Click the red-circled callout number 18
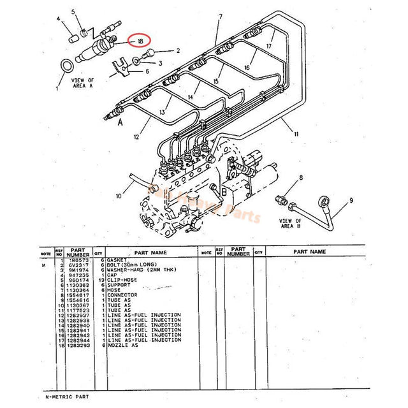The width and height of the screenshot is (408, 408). click(x=138, y=41)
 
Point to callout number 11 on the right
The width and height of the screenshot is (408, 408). click(x=295, y=135)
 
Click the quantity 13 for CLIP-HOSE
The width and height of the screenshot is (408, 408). click(x=98, y=280)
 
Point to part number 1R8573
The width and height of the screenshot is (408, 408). click(x=77, y=260)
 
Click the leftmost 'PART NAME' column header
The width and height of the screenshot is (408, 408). click(x=150, y=252)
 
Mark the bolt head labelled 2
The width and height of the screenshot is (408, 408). click(x=151, y=52)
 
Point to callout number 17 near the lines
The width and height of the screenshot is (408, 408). click(x=269, y=46)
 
